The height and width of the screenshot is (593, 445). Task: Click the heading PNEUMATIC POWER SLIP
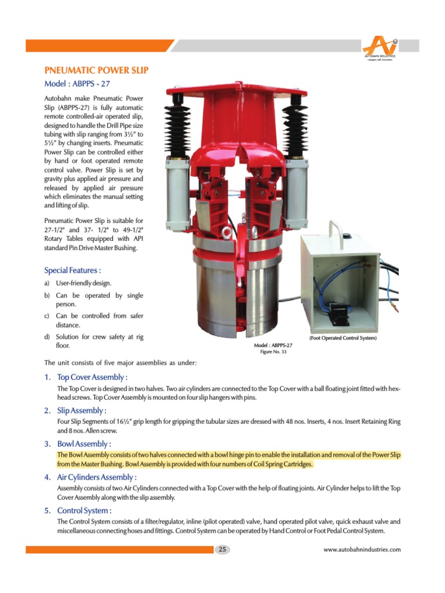[x=97, y=70]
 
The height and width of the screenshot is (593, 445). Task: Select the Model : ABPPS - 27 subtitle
[x=77, y=83]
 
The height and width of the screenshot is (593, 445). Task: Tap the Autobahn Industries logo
[x=380, y=49]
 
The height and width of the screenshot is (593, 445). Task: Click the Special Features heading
[x=73, y=270]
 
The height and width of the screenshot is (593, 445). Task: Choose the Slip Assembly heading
[x=82, y=411]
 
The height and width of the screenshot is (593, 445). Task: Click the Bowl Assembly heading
[x=83, y=444]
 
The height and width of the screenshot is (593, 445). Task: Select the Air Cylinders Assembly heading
[x=97, y=477]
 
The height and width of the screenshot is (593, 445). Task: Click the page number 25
[x=222, y=550]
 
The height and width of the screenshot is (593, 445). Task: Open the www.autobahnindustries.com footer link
[x=362, y=550]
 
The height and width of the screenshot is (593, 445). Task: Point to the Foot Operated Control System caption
[x=343, y=338]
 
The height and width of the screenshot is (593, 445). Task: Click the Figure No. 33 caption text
[x=273, y=352]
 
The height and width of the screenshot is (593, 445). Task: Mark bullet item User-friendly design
[x=83, y=283]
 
